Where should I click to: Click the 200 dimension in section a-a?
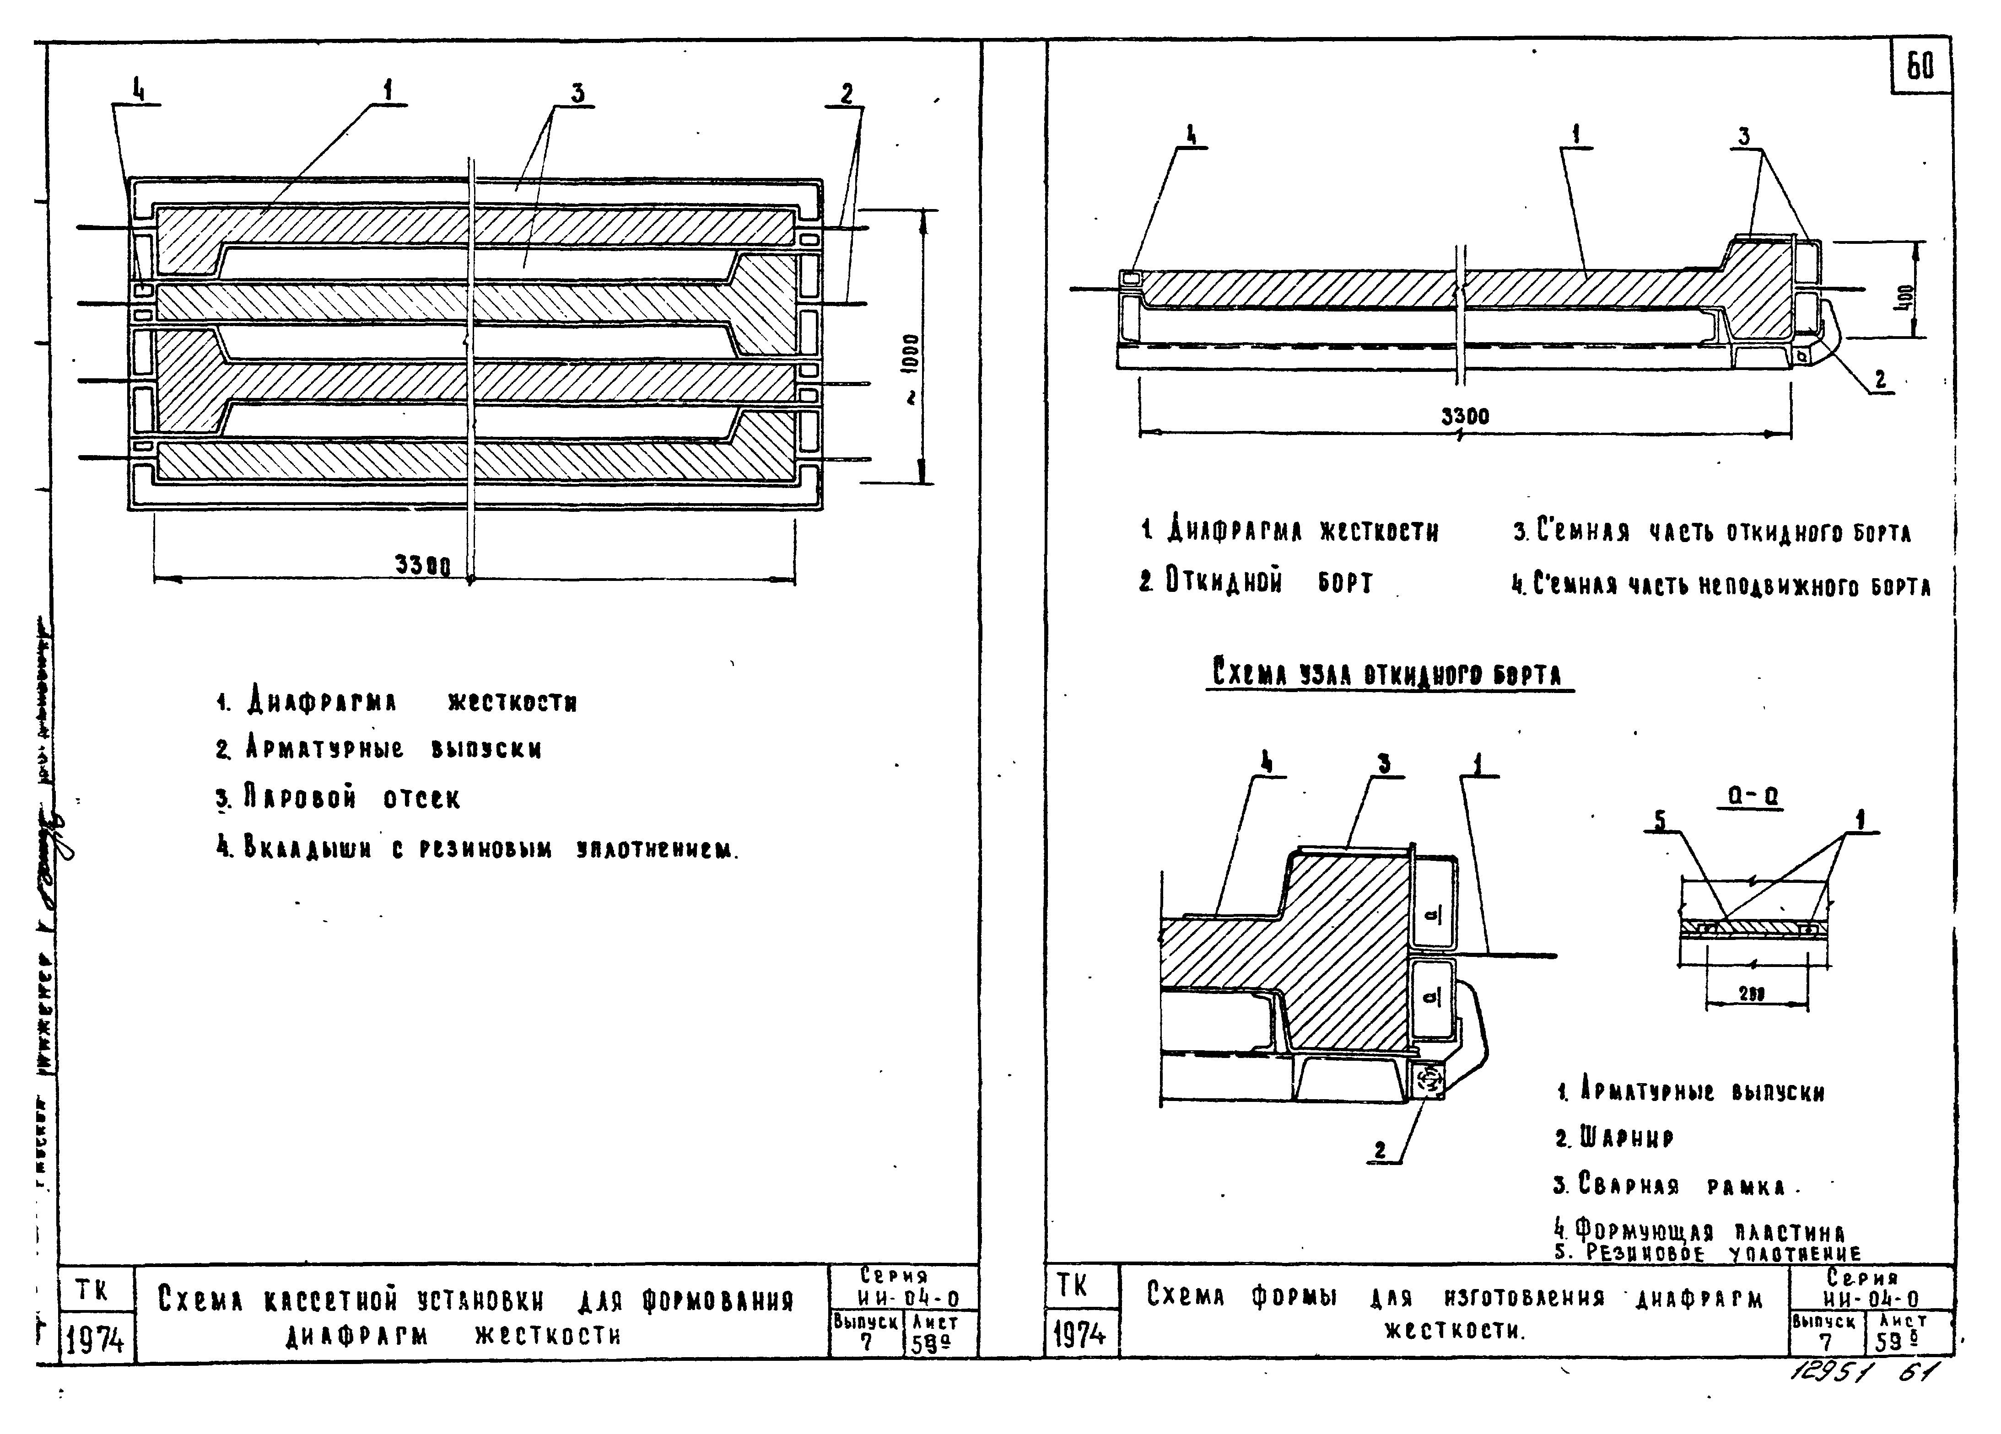click(x=1751, y=994)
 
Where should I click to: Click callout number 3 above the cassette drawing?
click(x=577, y=92)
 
